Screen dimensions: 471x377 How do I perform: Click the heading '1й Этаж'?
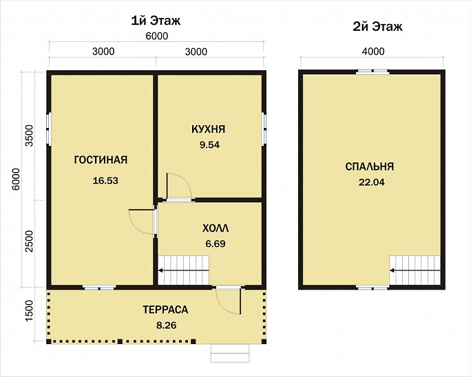tap(156, 21)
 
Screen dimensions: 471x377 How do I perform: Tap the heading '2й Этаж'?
tap(377, 27)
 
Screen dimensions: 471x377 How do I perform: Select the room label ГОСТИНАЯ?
tap(101, 160)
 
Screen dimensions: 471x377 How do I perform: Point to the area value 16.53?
tap(105, 181)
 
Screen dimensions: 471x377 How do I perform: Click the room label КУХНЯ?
tap(208, 129)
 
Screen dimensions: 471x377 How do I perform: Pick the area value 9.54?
tap(209, 145)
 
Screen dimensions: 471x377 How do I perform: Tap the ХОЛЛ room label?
tap(216, 228)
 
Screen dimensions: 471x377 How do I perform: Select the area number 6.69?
tap(216, 244)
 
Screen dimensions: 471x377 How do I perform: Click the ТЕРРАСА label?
tap(165, 310)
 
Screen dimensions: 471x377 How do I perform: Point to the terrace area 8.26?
tap(166, 325)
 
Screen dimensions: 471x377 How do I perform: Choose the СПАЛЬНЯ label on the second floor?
tap(370, 166)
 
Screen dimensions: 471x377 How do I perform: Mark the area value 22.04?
tap(372, 182)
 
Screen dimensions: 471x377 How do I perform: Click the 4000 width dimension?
tap(373, 52)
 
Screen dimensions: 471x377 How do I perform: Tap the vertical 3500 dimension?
tap(30, 135)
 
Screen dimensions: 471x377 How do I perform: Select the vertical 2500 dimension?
tap(30, 241)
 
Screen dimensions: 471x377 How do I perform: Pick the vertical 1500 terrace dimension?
tap(30, 311)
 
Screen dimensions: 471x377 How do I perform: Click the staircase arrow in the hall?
tap(184, 270)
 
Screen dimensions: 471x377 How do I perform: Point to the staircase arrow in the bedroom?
tap(415, 271)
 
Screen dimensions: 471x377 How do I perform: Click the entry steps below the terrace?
tap(230, 354)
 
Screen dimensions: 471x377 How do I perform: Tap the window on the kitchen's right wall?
tap(264, 129)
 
